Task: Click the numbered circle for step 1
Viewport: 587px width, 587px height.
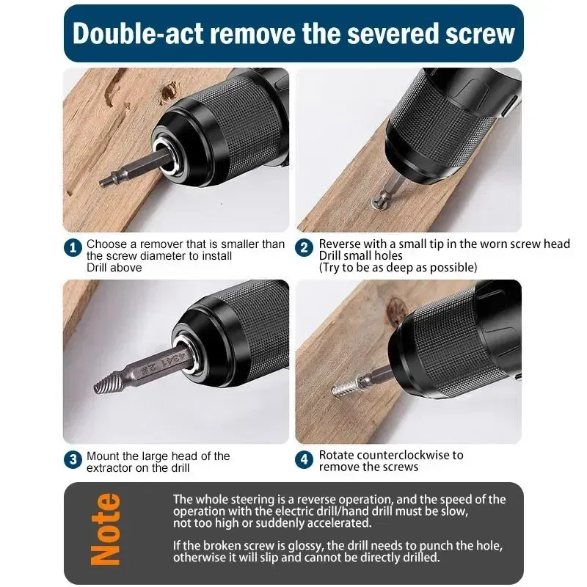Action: [x=73, y=249]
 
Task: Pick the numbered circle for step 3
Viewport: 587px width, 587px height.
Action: [x=73, y=461]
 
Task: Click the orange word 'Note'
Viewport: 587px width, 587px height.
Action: [x=106, y=529]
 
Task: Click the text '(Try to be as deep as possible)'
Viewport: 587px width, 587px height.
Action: [x=398, y=268]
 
